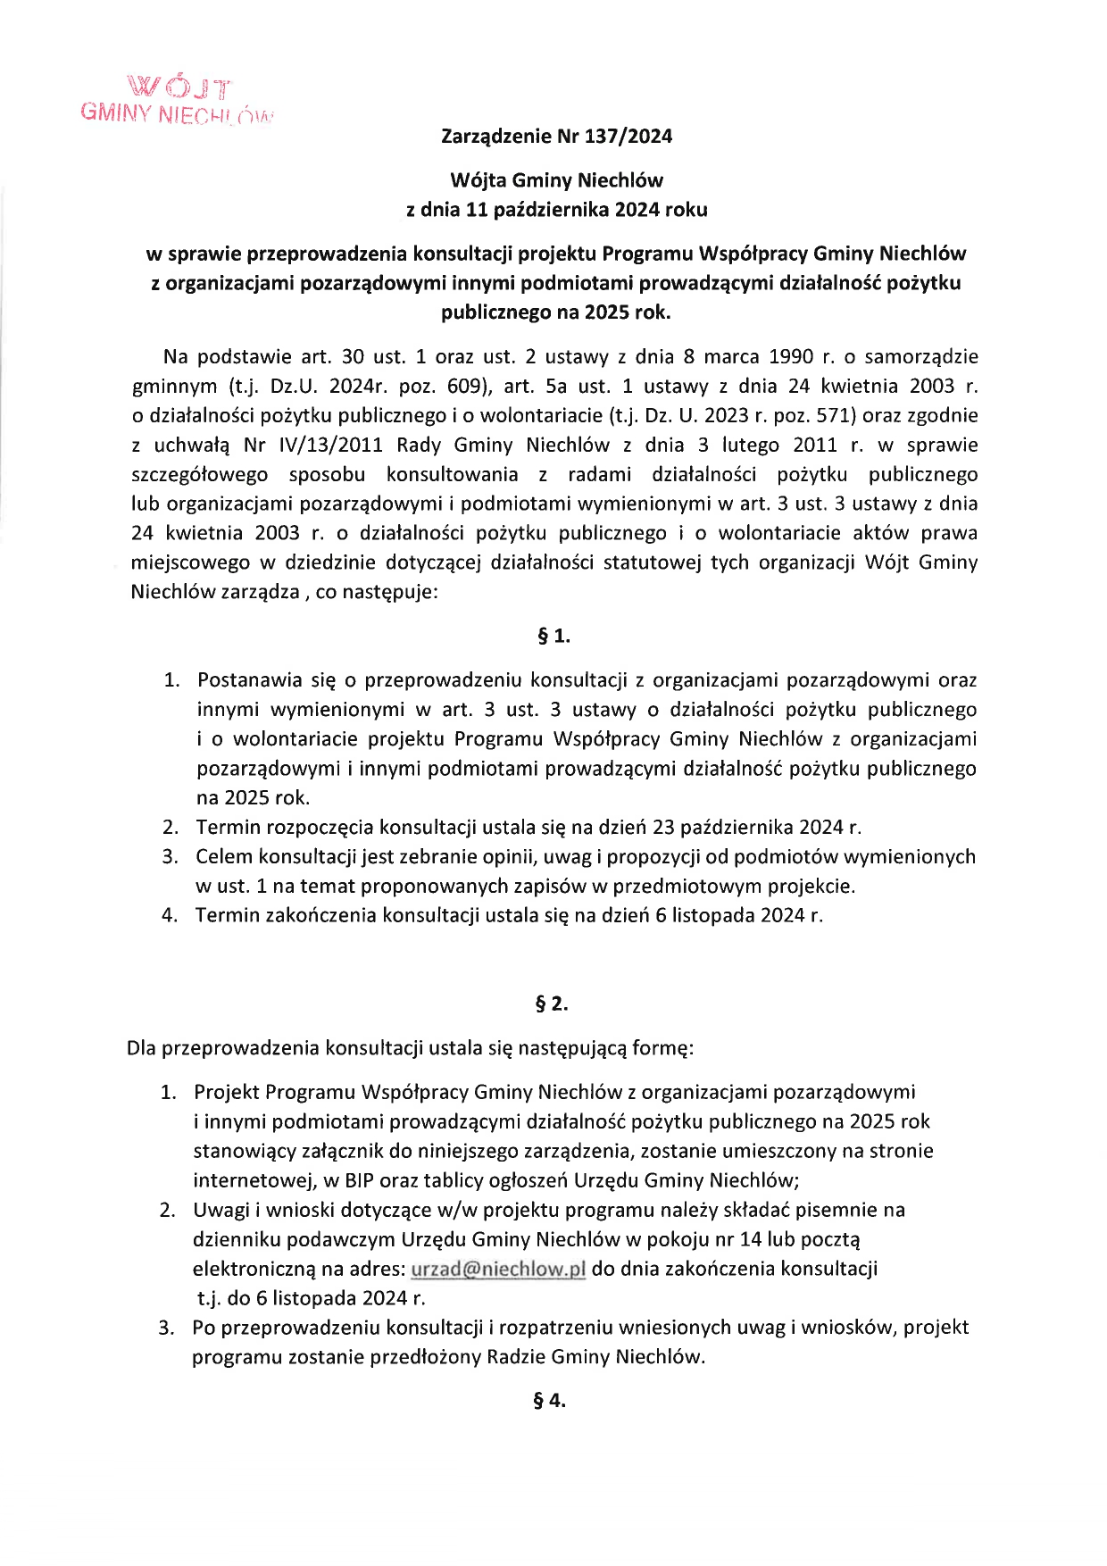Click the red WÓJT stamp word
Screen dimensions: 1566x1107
click(179, 88)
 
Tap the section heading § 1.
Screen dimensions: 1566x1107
click(553, 637)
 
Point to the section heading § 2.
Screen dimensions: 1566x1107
click(552, 1004)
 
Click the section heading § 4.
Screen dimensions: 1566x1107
click(550, 1400)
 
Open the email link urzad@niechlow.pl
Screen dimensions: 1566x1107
click(497, 1269)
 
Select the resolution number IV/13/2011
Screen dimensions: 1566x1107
click(327, 445)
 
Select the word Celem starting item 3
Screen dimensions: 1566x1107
click(224, 857)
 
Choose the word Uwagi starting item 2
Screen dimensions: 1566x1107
click(221, 1210)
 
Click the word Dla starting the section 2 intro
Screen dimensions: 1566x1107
click(141, 1048)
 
